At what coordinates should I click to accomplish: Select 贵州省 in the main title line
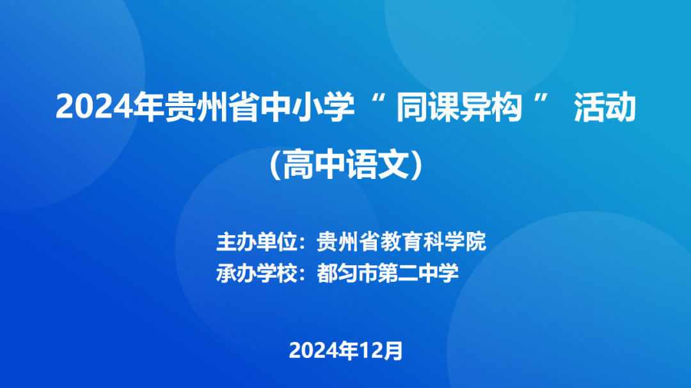pyautogui.click(x=212, y=107)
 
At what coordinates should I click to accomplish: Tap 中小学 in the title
pyautogui.click(x=308, y=107)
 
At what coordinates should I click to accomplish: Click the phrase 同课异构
pyautogui.click(x=459, y=107)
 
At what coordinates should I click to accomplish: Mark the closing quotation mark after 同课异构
pyautogui.click(x=541, y=98)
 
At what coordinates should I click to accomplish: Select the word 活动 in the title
pyautogui.click(x=605, y=107)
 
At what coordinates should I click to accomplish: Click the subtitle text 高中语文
pyautogui.click(x=346, y=164)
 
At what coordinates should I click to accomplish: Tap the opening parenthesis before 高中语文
pyautogui.click(x=275, y=164)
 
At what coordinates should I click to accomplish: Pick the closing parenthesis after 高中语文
pyautogui.click(x=417, y=164)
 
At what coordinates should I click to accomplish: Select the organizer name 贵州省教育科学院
pyautogui.click(x=401, y=242)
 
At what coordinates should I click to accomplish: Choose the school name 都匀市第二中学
pyautogui.click(x=388, y=273)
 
